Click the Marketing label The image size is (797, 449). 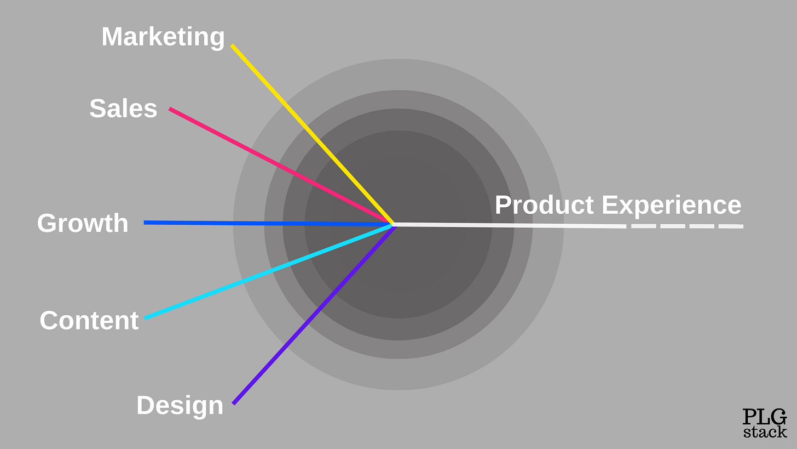[163, 37]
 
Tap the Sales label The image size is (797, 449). [123, 109]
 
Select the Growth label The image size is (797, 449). [83, 224]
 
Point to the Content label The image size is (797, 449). [89, 321]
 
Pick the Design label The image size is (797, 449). [180, 406]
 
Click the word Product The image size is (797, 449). [544, 206]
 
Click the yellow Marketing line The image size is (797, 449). [312, 134]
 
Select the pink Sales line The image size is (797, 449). [279, 166]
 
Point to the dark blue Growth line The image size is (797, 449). [268, 223]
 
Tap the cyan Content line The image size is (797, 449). [268, 271]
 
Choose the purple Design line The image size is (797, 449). [312, 315]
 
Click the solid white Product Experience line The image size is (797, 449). [509, 225]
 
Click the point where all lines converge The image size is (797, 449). [393, 224]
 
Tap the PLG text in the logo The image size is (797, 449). [764, 417]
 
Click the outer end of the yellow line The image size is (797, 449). [232, 46]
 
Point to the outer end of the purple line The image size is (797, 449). [234, 403]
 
